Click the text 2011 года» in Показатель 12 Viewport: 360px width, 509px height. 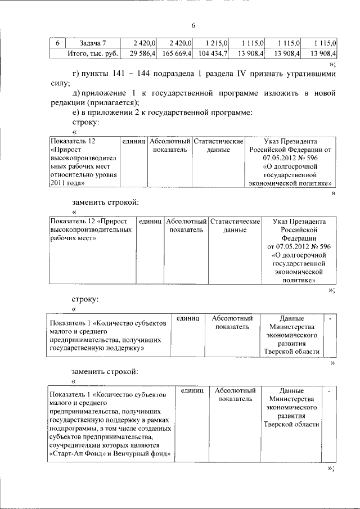[67, 183]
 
